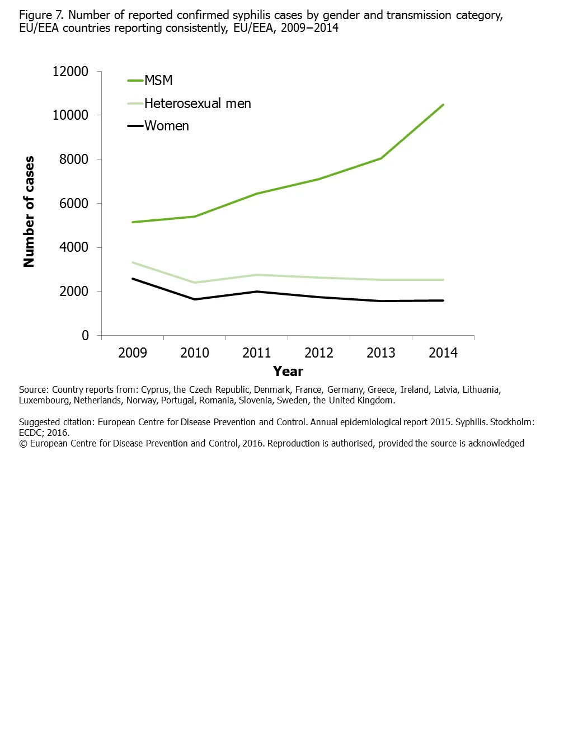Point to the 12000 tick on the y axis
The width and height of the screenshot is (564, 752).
pos(70,72)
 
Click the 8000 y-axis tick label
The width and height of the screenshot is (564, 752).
pos(74,159)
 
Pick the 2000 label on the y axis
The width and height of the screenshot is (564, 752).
pos(74,292)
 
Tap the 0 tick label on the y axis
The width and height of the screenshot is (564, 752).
pos(85,336)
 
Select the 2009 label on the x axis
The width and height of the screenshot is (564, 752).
pos(133,353)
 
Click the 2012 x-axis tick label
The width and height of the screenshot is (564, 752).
pos(319,353)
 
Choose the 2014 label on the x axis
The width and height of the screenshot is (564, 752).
pos(443,353)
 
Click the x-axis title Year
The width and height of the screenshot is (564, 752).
pos(288,372)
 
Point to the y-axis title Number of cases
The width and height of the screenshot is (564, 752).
pos(29,211)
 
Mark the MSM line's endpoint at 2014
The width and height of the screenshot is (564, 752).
pos(443,105)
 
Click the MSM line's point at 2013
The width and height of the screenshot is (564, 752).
pos(381,158)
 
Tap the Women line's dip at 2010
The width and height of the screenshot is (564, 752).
pos(195,299)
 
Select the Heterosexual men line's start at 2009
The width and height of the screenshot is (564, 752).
pos(133,262)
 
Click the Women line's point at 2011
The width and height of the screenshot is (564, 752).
pos(257,292)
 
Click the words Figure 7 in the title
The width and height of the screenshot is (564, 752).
pos(41,15)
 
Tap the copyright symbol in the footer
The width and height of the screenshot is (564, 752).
pos(23,444)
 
